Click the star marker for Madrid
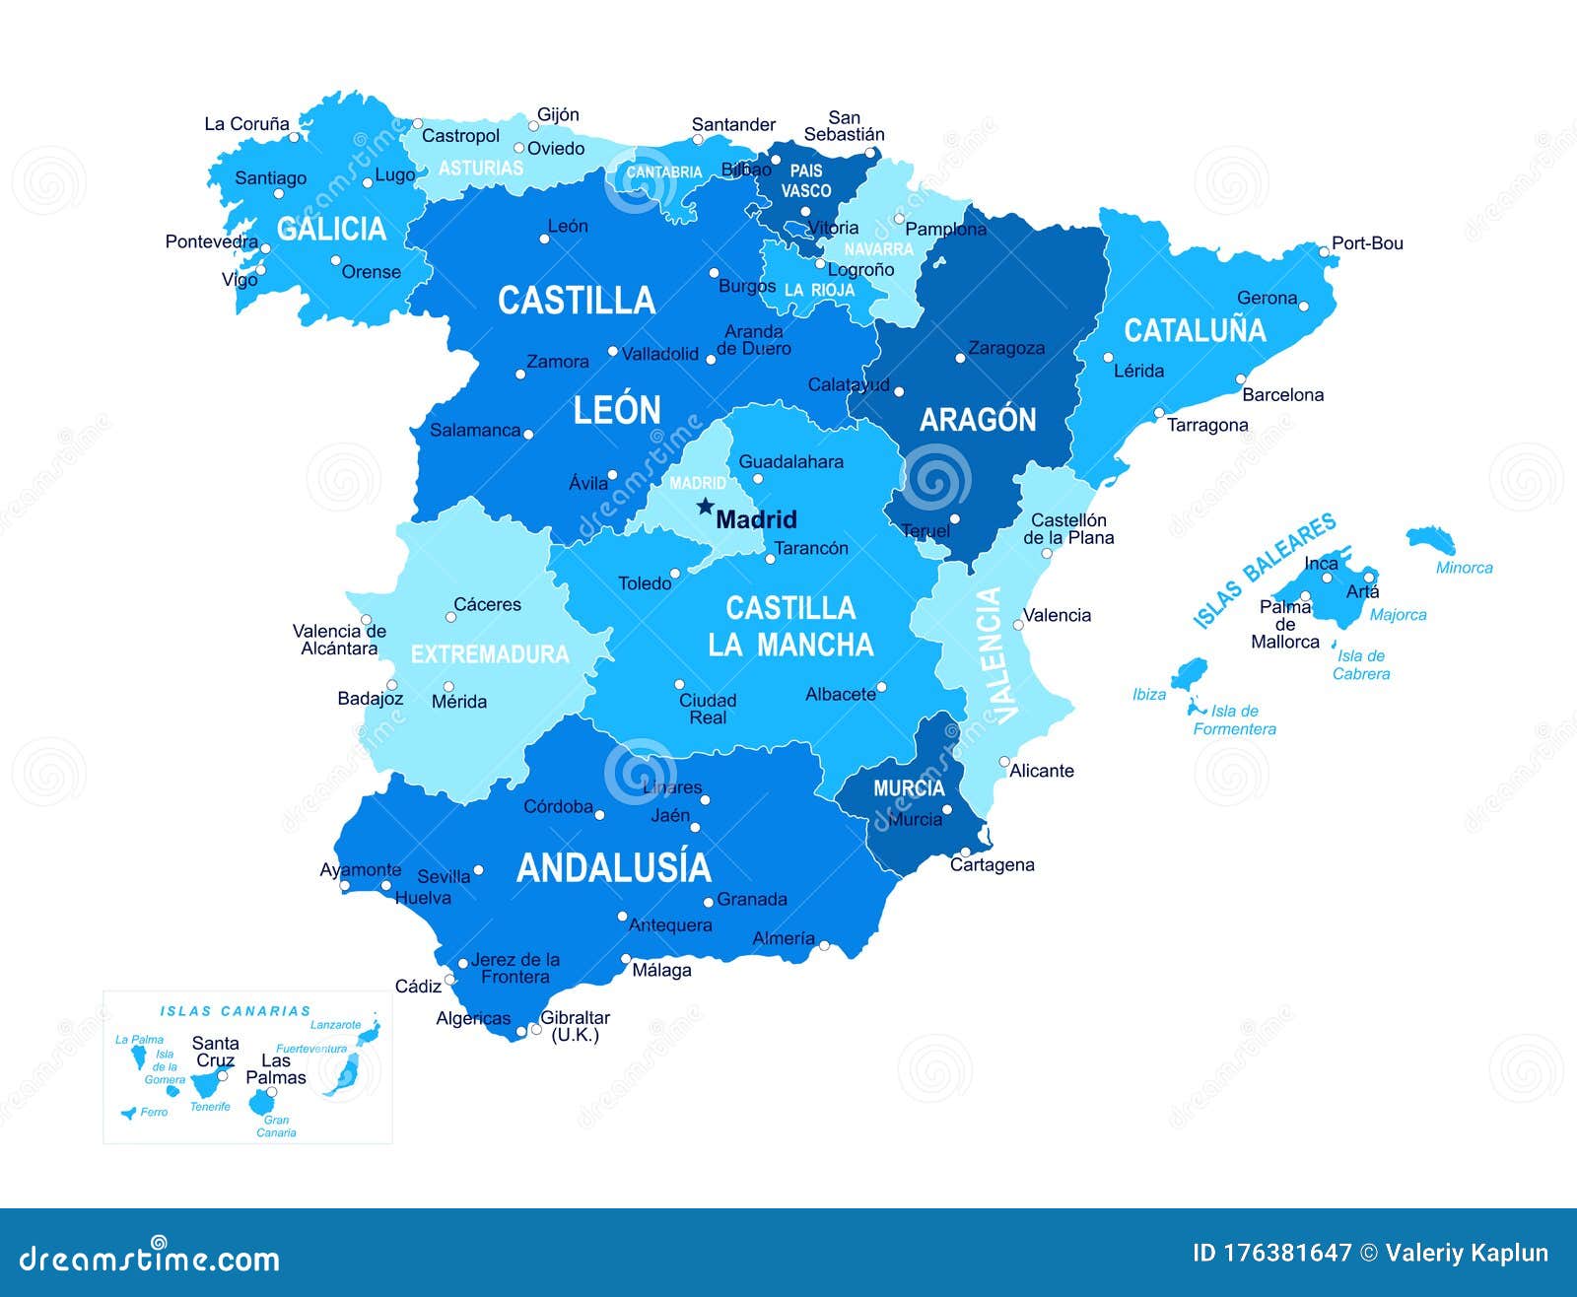point(705,507)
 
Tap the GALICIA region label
point(331,229)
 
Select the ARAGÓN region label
point(978,420)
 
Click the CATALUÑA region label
point(1195,330)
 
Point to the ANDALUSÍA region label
point(613,867)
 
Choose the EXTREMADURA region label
point(490,654)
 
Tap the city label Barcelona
point(1282,395)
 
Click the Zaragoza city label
point(1006,348)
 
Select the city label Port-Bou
point(1367,243)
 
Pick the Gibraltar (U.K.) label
point(575,1026)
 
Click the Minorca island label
point(1464,568)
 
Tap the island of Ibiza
point(1189,674)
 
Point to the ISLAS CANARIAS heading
point(236,1011)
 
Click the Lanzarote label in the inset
point(335,1025)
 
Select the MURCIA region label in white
point(909,788)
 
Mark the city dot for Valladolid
point(613,351)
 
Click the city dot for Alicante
point(1004,762)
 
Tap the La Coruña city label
point(246,124)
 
